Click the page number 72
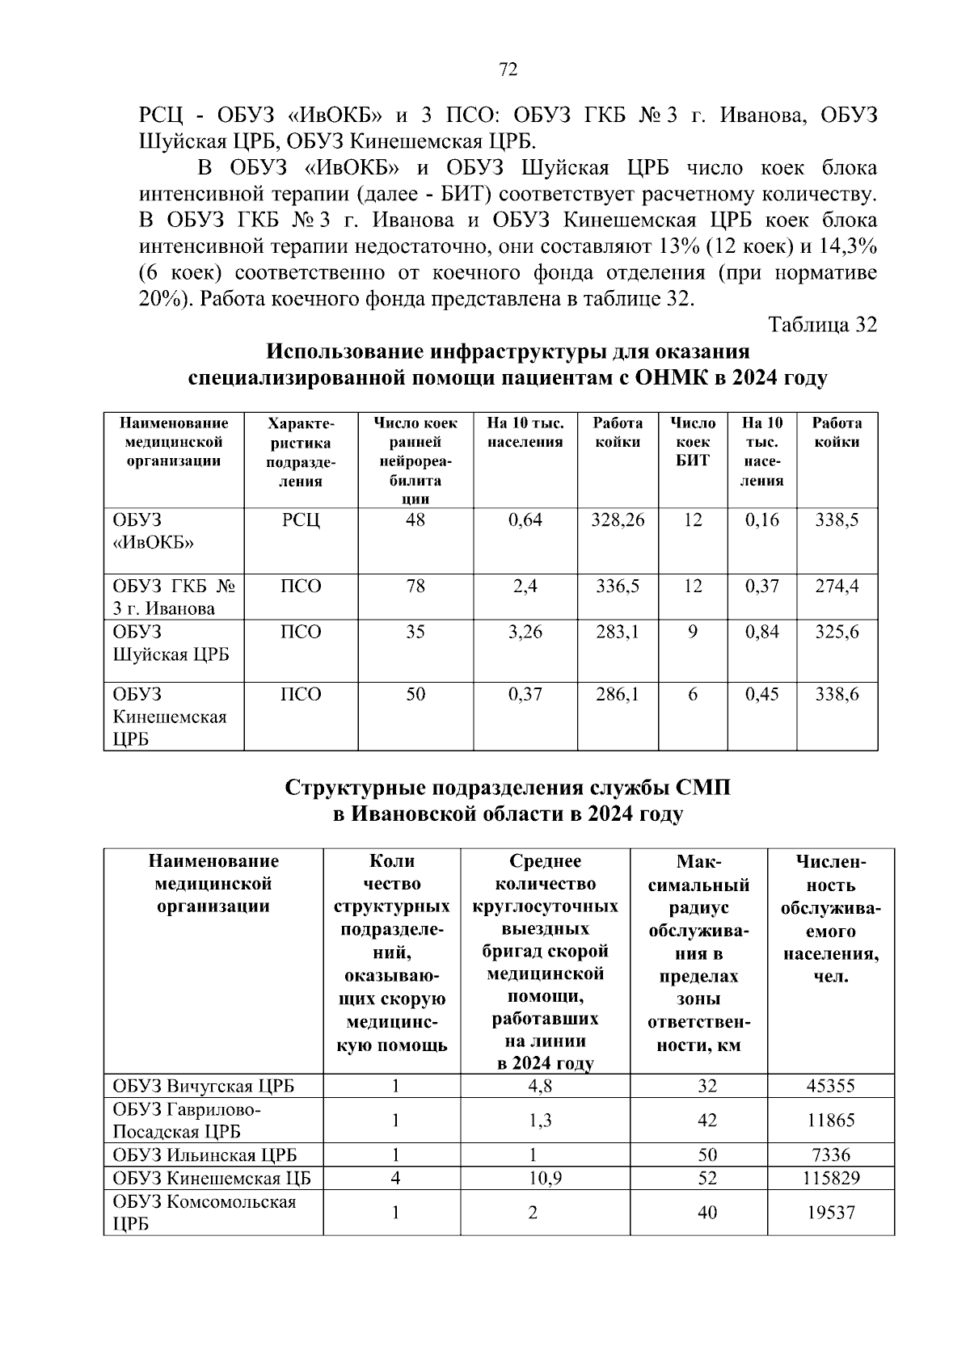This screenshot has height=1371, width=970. pos(508,69)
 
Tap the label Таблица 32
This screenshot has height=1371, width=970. pos(822,325)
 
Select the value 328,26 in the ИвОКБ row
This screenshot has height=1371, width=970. pos(618,520)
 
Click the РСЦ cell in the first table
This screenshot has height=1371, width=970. pos(301,520)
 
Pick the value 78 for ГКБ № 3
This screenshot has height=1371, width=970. pos(415,587)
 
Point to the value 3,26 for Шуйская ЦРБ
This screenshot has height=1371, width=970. pos(525,632)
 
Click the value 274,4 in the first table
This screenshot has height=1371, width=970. pos(837,587)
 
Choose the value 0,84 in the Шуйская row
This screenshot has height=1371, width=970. pos(761,632)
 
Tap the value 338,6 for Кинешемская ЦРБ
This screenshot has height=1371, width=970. pos(837,695)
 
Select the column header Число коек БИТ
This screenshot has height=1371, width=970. pos(693,442)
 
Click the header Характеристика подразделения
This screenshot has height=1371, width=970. pos(301,452)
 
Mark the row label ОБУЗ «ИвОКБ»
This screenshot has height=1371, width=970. pos(154,531)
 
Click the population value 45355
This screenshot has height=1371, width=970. pos(830,1086)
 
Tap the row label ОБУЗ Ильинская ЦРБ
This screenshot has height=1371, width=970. pos(205,1155)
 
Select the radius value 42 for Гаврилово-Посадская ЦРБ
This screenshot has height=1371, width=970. pos(707,1121)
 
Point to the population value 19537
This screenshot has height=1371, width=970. pos(830,1213)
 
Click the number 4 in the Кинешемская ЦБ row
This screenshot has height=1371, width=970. pos(395,1178)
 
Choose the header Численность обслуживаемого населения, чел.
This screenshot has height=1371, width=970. pos(830,919)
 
